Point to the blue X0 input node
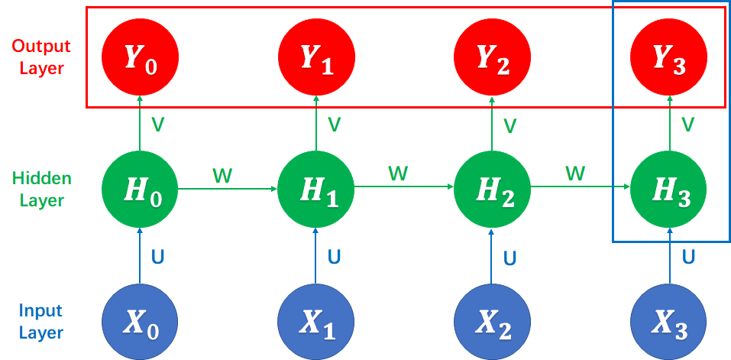pos(140,322)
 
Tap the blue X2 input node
pos(493,322)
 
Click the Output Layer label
pos(41,57)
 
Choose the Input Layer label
pos(41,322)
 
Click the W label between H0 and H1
pos(222,177)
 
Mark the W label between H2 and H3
pos(575,175)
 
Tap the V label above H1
pos(334,124)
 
